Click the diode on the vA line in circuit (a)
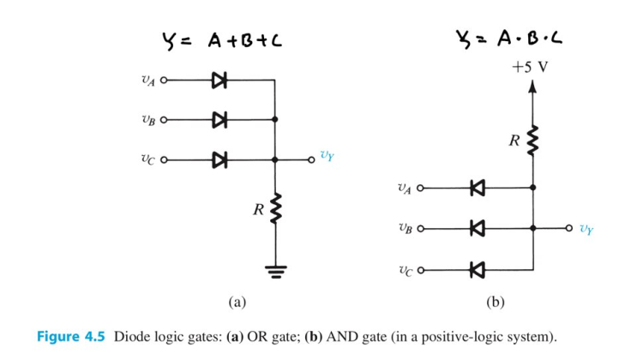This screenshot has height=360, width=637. [219, 81]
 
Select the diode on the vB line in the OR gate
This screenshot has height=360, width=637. [219, 120]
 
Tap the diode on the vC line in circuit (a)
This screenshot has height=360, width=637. [219, 159]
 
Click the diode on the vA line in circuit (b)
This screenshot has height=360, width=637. [477, 188]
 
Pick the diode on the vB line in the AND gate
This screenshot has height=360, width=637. [477, 228]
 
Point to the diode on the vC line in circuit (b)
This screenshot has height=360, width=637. [477, 269]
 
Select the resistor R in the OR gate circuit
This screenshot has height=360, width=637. [275, 209]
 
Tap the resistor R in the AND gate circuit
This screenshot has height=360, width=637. [532, 140]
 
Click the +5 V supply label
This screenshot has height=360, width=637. [532, 67]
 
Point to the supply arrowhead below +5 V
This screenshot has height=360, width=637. [532, 86]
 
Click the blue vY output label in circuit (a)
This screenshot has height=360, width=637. [327, 156]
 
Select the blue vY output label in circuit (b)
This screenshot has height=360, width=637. [585, 229]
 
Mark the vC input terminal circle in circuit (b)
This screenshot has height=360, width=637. [421, 269]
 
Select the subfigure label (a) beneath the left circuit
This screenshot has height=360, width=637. [237, 302]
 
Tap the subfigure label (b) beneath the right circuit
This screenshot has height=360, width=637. [495, 302]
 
